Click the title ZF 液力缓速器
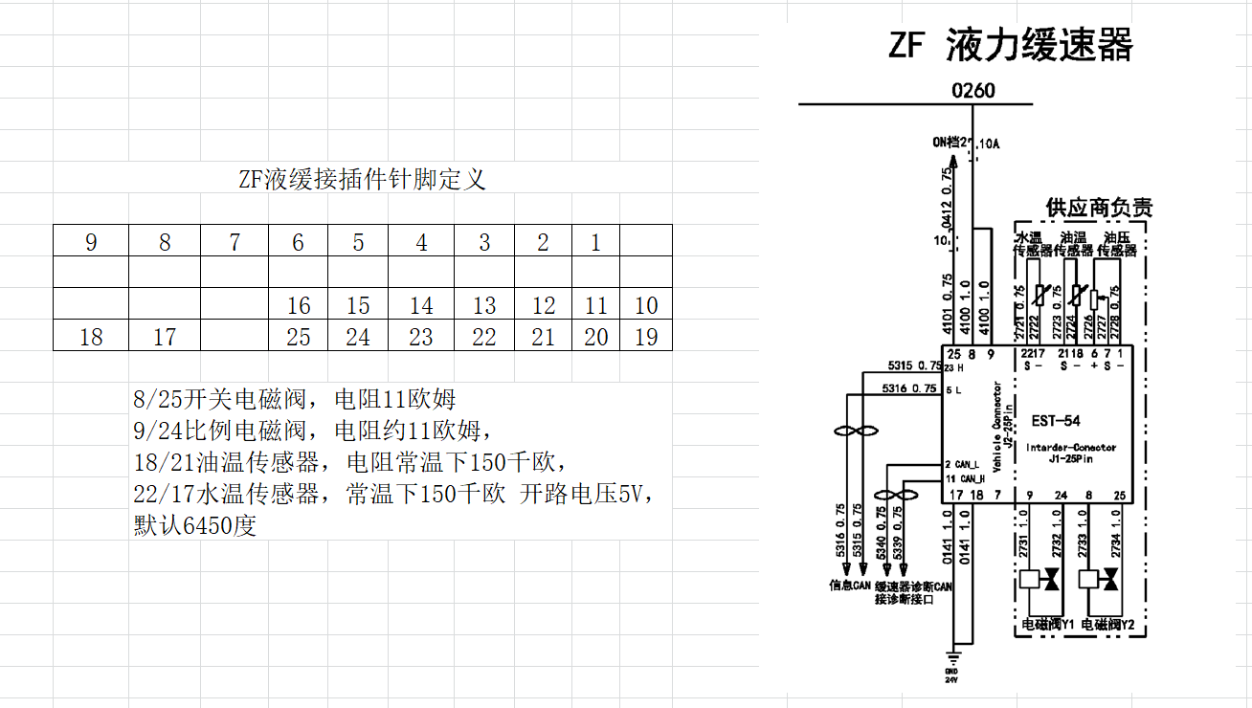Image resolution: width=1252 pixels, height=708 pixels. coord(1011,45)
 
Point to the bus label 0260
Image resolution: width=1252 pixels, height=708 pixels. coord(973,91)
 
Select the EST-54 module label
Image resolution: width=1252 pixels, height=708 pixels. coord(1055,421)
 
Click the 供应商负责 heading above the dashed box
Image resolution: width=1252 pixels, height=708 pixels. coord(1099,208)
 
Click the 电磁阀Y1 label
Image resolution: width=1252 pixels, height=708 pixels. coord(1047,625)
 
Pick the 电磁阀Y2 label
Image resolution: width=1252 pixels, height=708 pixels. coord(1107,625)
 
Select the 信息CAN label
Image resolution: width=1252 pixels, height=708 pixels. coord(849,586)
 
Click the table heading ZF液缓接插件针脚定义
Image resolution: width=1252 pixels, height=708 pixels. coord(362,179)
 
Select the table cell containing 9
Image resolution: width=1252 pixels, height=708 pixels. coord(91,242)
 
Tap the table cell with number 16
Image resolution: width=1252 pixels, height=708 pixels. coord(299,305)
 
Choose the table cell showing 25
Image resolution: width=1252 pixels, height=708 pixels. coord(299,336)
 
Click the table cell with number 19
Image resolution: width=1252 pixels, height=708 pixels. coord(646,336)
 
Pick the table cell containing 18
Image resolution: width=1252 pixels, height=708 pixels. coord(91,336)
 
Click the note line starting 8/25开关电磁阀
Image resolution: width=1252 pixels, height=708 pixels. coord(295,398)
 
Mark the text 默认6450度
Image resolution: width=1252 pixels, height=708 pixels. coord(195,526)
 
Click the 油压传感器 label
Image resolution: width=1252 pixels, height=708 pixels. coord(1117,244)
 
